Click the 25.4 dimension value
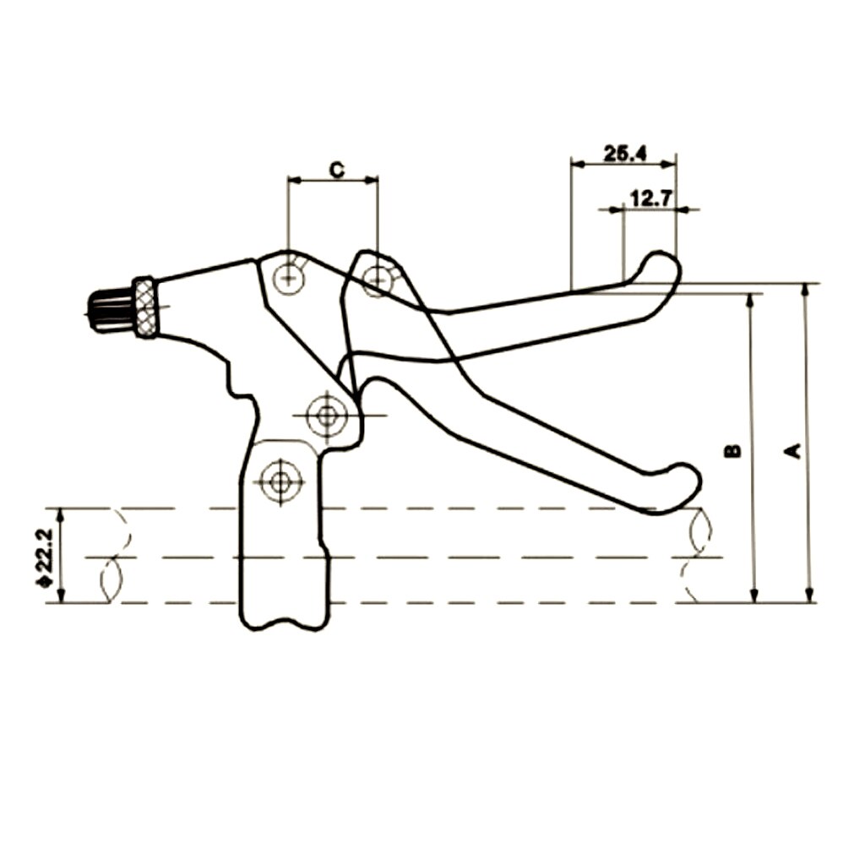[x=625, y=153]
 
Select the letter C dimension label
[x=335, y=170]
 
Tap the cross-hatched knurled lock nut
[x=144, y=307]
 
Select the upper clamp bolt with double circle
[x=326, y=415]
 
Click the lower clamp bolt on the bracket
[x=279, y=481]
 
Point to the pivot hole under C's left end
[x=289, y=275]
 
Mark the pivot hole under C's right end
[x=377, y=277]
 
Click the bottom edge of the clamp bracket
[x=282, y=627]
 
